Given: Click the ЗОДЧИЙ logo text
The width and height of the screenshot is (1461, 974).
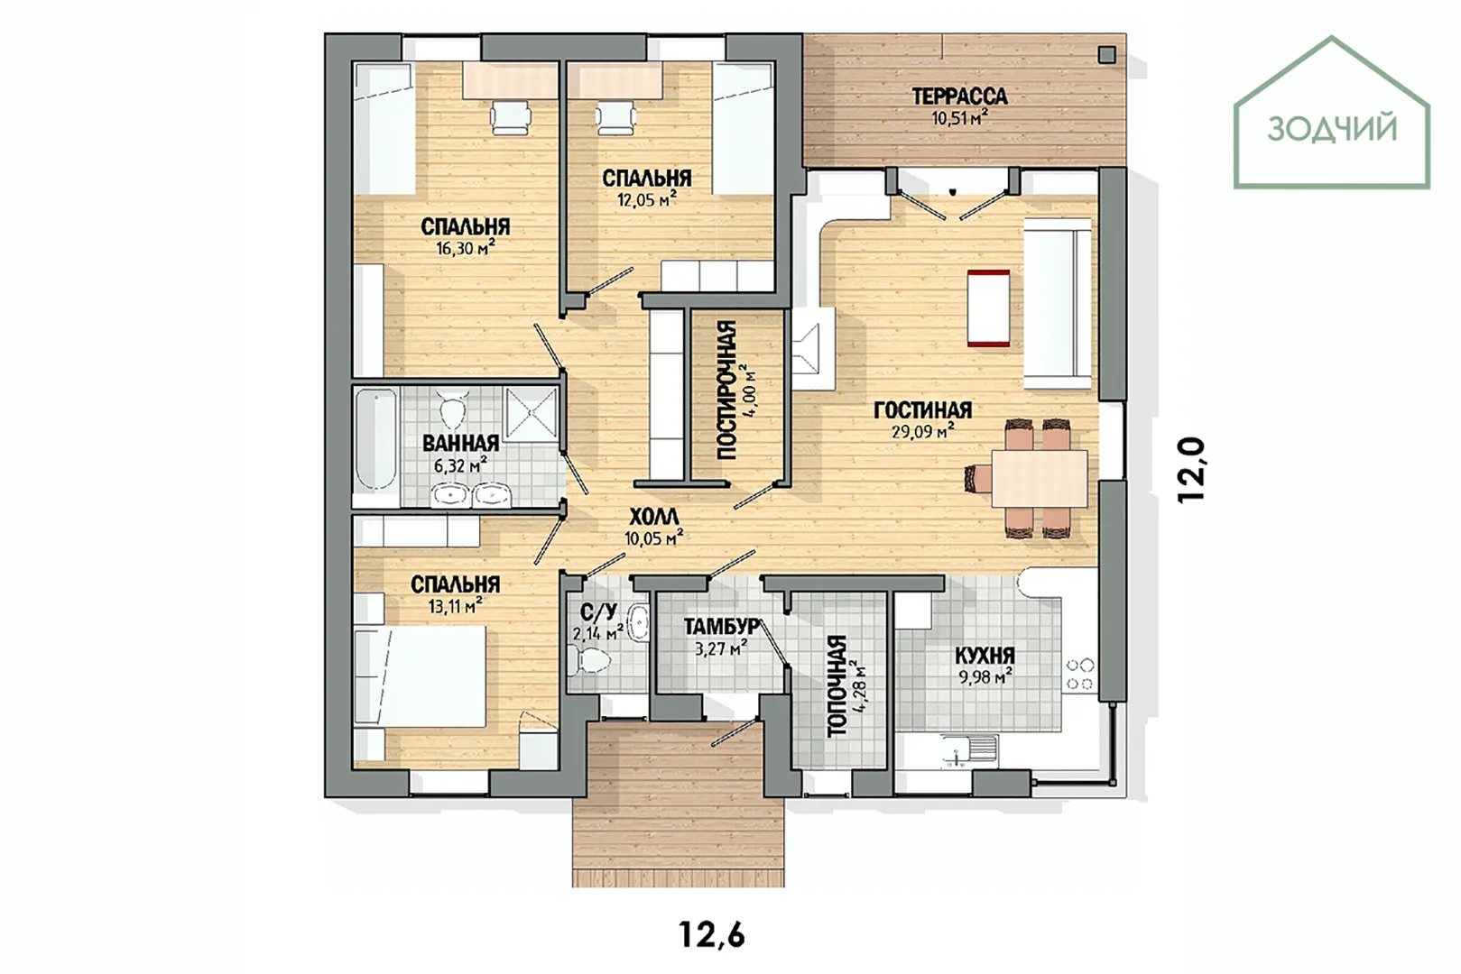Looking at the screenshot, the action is tap(1332, 128).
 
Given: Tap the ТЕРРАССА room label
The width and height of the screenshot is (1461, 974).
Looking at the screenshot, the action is tap(959, 96).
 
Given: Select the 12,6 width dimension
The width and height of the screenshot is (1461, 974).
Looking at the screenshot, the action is tap(712, 934).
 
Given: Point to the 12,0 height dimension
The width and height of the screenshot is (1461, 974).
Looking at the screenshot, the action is tap(1191, 469).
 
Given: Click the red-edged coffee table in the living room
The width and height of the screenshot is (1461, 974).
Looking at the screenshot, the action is tap(989, 308).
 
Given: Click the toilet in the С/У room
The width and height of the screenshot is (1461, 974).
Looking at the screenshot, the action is tap(589, 660).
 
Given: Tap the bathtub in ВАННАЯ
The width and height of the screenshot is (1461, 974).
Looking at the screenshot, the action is tap(375, 439).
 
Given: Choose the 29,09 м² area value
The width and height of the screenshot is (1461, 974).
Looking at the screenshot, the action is tap(923, 431).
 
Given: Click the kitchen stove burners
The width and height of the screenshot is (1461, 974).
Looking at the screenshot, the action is tap(1079, 674).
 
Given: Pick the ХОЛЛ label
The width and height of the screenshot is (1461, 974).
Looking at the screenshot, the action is tap(653, 517).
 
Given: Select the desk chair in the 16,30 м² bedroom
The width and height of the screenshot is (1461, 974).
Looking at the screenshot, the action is tap(510, 118).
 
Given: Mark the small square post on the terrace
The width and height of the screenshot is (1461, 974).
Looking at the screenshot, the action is tap(1107, 55).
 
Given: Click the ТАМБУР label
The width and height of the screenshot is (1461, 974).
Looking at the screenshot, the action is tap(721, 627).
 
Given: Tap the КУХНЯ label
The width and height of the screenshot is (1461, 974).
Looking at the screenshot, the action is tap(985, 656).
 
